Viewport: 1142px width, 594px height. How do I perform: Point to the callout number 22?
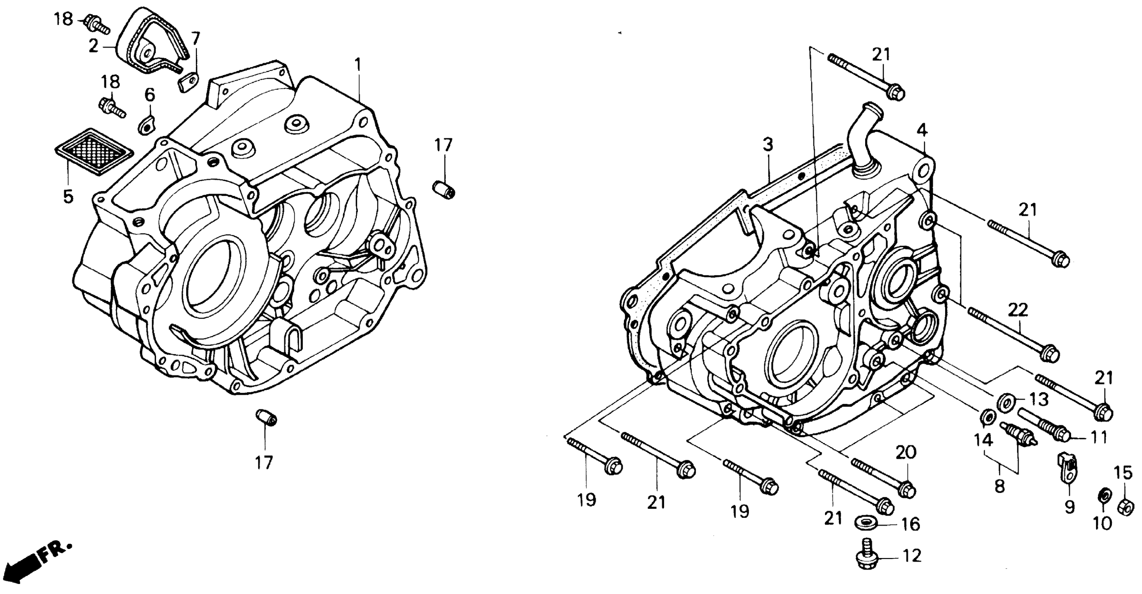coord(1017,310)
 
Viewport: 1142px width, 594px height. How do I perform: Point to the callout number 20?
coord(905,452)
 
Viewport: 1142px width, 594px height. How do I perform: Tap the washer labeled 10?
coord(1105,495)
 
